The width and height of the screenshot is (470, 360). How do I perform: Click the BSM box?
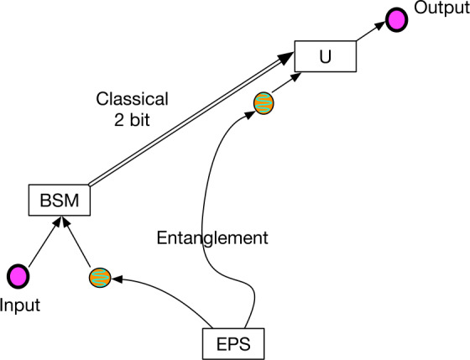(x=58, y=201)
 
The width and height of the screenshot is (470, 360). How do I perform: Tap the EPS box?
(x=234, y=343)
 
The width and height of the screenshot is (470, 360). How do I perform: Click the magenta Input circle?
(x=17, y=275)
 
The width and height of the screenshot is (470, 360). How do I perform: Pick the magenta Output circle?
(x=395, y=18)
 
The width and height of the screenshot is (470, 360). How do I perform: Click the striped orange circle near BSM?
(x=100, y=275)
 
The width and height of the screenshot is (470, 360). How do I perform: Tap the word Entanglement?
(x=212, y=237)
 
